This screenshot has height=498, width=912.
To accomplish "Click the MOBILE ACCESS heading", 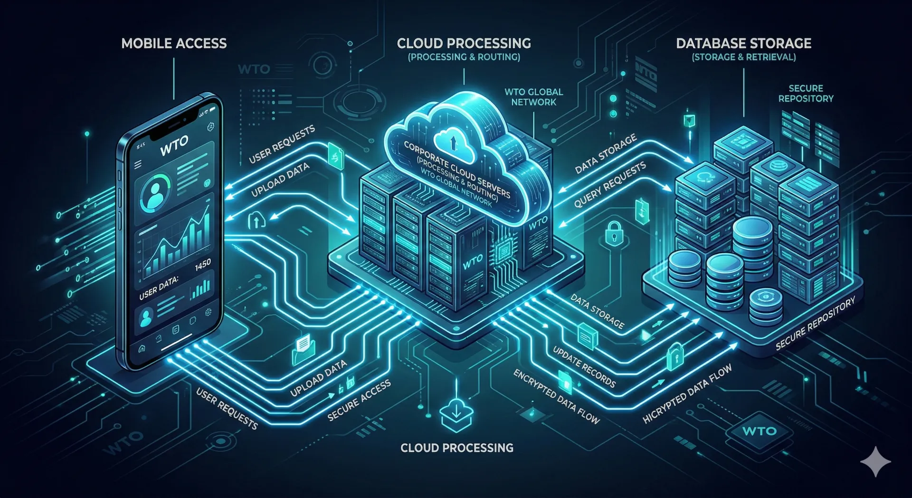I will point(174,44).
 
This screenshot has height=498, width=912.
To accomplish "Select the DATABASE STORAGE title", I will point(743,44).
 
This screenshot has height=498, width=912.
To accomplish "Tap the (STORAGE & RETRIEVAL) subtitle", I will point(743,57).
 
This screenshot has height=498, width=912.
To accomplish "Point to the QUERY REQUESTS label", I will point(610,184).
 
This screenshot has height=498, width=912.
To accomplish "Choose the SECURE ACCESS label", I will point(359,400).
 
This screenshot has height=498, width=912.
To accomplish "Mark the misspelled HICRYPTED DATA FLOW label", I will point(687,394).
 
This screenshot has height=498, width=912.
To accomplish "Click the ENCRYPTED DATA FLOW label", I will point(556,397).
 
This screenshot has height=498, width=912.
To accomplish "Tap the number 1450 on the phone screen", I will point(203,265).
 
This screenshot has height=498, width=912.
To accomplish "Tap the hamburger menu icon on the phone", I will point(138,165).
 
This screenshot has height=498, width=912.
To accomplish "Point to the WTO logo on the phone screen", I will point(174,145).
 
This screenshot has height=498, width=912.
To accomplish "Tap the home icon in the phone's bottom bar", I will point(142,349).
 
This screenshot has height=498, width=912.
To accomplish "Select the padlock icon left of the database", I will point(614,233).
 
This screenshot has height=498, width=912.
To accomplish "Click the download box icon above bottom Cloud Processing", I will point(456,414).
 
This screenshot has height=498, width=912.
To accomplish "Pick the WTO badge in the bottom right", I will point(759,431).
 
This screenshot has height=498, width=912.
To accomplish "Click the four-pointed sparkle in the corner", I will point(875,461).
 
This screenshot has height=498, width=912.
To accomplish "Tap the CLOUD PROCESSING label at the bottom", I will point(456,448).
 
